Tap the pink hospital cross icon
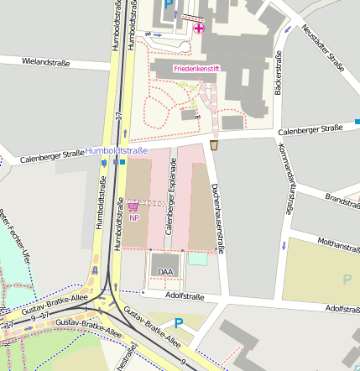(198, 29)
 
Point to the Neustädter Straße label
(322, 45)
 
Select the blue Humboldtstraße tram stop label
(116, 150)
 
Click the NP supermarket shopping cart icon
(133, 205)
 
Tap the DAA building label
(165, 271)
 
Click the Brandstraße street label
(342, 201)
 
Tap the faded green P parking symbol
(347, 279)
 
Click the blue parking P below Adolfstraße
(178, 322)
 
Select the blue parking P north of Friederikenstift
(169, 5)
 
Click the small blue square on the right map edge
(357, 122)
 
